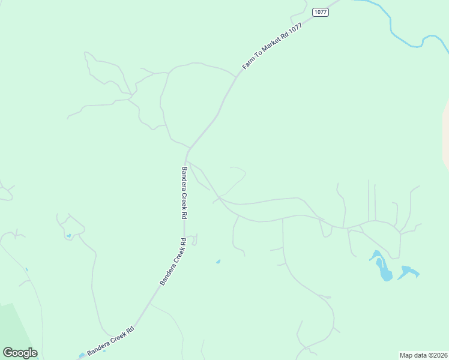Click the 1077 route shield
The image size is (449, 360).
[321, 12]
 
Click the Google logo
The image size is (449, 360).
[20, 353]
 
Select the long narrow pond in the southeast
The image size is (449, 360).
[381, 267]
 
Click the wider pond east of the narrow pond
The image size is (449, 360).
[408, 272]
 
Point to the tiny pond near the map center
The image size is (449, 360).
[218, 261]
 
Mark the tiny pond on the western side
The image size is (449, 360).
[69, 235]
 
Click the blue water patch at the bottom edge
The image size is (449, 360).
[82, 355]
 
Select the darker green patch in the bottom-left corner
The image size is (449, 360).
[15, 327]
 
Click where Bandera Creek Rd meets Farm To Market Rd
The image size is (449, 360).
[190, 148]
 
